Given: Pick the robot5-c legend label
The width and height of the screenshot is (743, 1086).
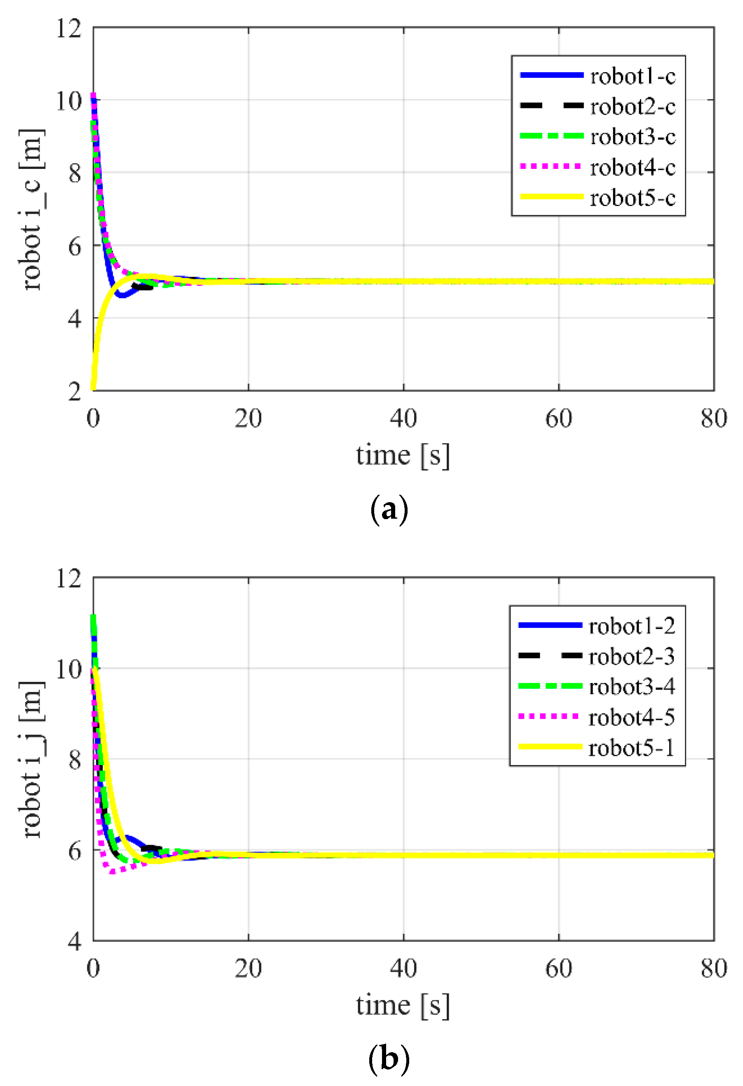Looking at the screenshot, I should click(632, 198).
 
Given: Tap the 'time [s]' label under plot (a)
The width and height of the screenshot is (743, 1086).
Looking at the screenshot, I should click(403, 455).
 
